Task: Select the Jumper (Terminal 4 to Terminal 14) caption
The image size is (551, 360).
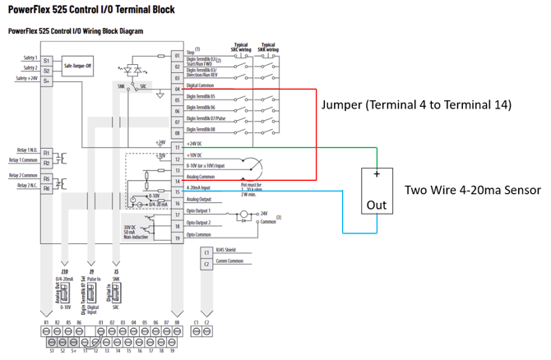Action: pos(416,105)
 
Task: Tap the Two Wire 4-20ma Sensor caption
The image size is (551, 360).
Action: pos(472,190)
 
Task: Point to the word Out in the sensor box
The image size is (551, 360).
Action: pos(377,204)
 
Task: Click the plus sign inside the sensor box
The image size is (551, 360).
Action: pos(377,174)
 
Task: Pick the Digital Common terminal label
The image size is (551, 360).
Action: pos(201,85)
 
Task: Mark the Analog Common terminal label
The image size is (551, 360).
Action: pos(201,177)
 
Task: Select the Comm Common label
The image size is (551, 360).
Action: pos(228,261)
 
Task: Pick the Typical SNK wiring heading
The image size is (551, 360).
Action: pos(267,47)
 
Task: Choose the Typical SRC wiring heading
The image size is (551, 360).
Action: pos(241,47)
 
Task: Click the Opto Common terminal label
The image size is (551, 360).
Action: pos(198,235)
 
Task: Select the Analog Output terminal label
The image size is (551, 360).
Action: pos(199,200)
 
